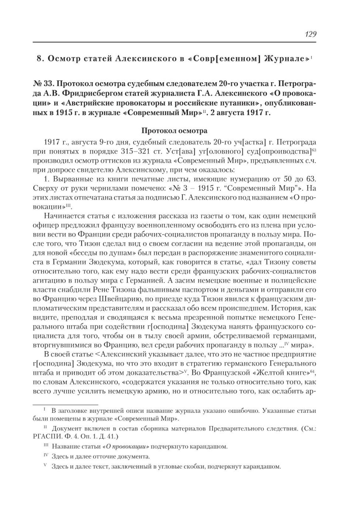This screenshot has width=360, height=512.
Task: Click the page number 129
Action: click(310, 34)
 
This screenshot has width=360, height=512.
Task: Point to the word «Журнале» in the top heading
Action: click(286, 59)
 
